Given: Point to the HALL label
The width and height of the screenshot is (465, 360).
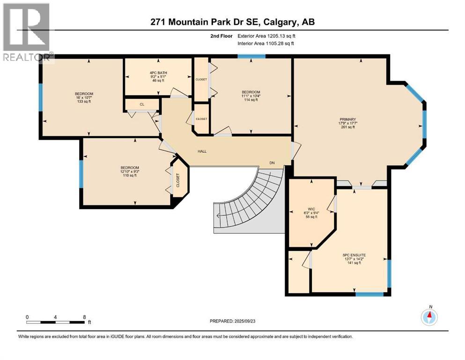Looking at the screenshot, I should [202, 151].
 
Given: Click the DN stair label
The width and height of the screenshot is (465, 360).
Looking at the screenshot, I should [272, 163].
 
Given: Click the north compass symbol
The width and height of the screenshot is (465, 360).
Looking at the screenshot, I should [429, 317].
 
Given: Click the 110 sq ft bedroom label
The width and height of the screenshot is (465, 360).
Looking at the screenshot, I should [130, 172].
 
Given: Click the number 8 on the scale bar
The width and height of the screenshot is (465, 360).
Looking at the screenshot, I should [84, 317].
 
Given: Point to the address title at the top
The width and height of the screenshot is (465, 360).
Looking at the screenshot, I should [232, 22].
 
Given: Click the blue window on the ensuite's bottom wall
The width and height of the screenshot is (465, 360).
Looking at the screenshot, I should [369, 294].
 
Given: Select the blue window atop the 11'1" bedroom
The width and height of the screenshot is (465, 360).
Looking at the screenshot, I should [251, 56].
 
